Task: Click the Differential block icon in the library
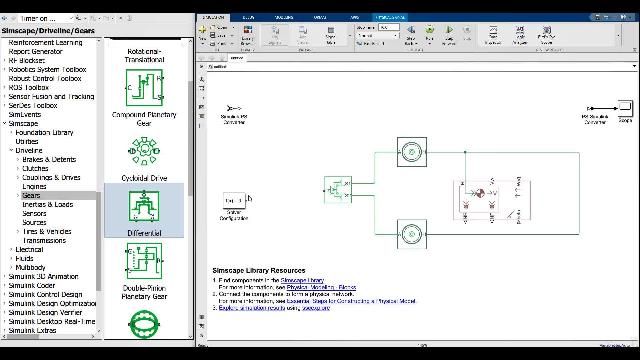click(144, 208)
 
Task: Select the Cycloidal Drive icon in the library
click(144, 150)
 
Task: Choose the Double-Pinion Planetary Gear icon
click(144, 262)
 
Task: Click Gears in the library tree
click(31, 196)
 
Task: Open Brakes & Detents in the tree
click(49, 159)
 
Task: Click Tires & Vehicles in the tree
click(47, 231)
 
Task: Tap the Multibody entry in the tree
click(30, 267)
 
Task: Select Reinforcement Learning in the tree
click(46, 42)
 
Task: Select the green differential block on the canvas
click(338, 188)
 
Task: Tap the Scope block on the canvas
click(624, 108)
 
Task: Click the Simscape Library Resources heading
click(259, 271)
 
